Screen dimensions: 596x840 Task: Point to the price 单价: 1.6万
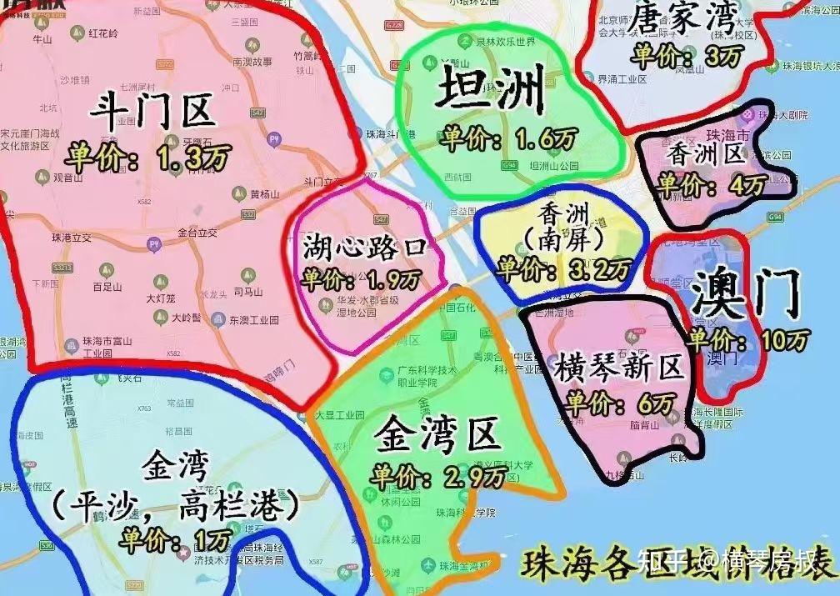[509, 138]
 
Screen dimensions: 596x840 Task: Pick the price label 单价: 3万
[686, 57]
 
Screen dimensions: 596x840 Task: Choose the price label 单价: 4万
[704, 184]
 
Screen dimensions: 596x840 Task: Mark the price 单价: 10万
[748, 339]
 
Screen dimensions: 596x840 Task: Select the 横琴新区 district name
[618, 367]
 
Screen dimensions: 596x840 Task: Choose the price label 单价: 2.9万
[440, 475]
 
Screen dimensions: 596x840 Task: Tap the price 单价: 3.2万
[563, 269]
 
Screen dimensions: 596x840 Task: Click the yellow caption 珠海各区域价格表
[677, 564]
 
